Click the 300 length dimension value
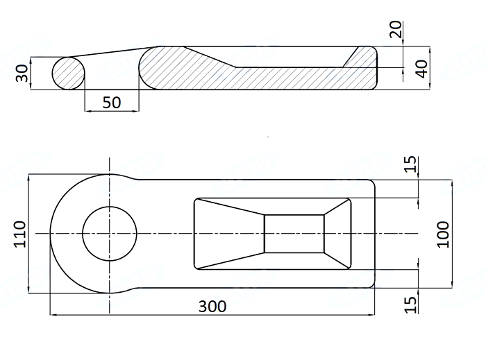point(212,307)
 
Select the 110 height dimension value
point(20,234)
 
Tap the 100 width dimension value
point(443,234)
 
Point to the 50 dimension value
point(112,103)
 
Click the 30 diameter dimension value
point(22,73)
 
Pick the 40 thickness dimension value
point(422,69)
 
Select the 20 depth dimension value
point(396,29)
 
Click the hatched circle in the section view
point(68,74)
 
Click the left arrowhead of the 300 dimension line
point(53,315)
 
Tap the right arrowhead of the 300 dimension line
point(371,315)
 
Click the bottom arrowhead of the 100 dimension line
point(452,284)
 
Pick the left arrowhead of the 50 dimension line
point(88,110)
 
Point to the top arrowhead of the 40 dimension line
point(430,50)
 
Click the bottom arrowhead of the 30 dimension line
point(31,86)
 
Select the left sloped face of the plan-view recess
point(229,234)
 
